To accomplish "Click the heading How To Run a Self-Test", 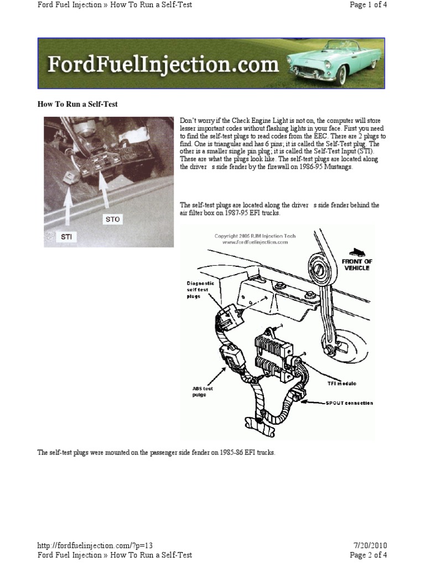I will [77, 104].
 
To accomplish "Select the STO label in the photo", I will [112, 219].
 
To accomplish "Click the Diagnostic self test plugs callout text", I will [198, 288].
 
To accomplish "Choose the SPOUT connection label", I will [349, 403].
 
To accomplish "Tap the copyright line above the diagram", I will [255, 239].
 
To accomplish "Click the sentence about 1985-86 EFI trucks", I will [156, 452].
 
